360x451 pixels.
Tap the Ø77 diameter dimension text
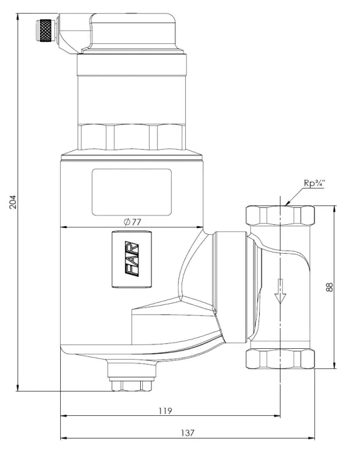[x=131, y=221]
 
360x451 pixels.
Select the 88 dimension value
[x=330, y=286]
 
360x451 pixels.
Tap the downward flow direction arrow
[x=280, y=291]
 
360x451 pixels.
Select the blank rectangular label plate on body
[x=131, y=192]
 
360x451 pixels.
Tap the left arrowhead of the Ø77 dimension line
[x=63, y=227]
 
